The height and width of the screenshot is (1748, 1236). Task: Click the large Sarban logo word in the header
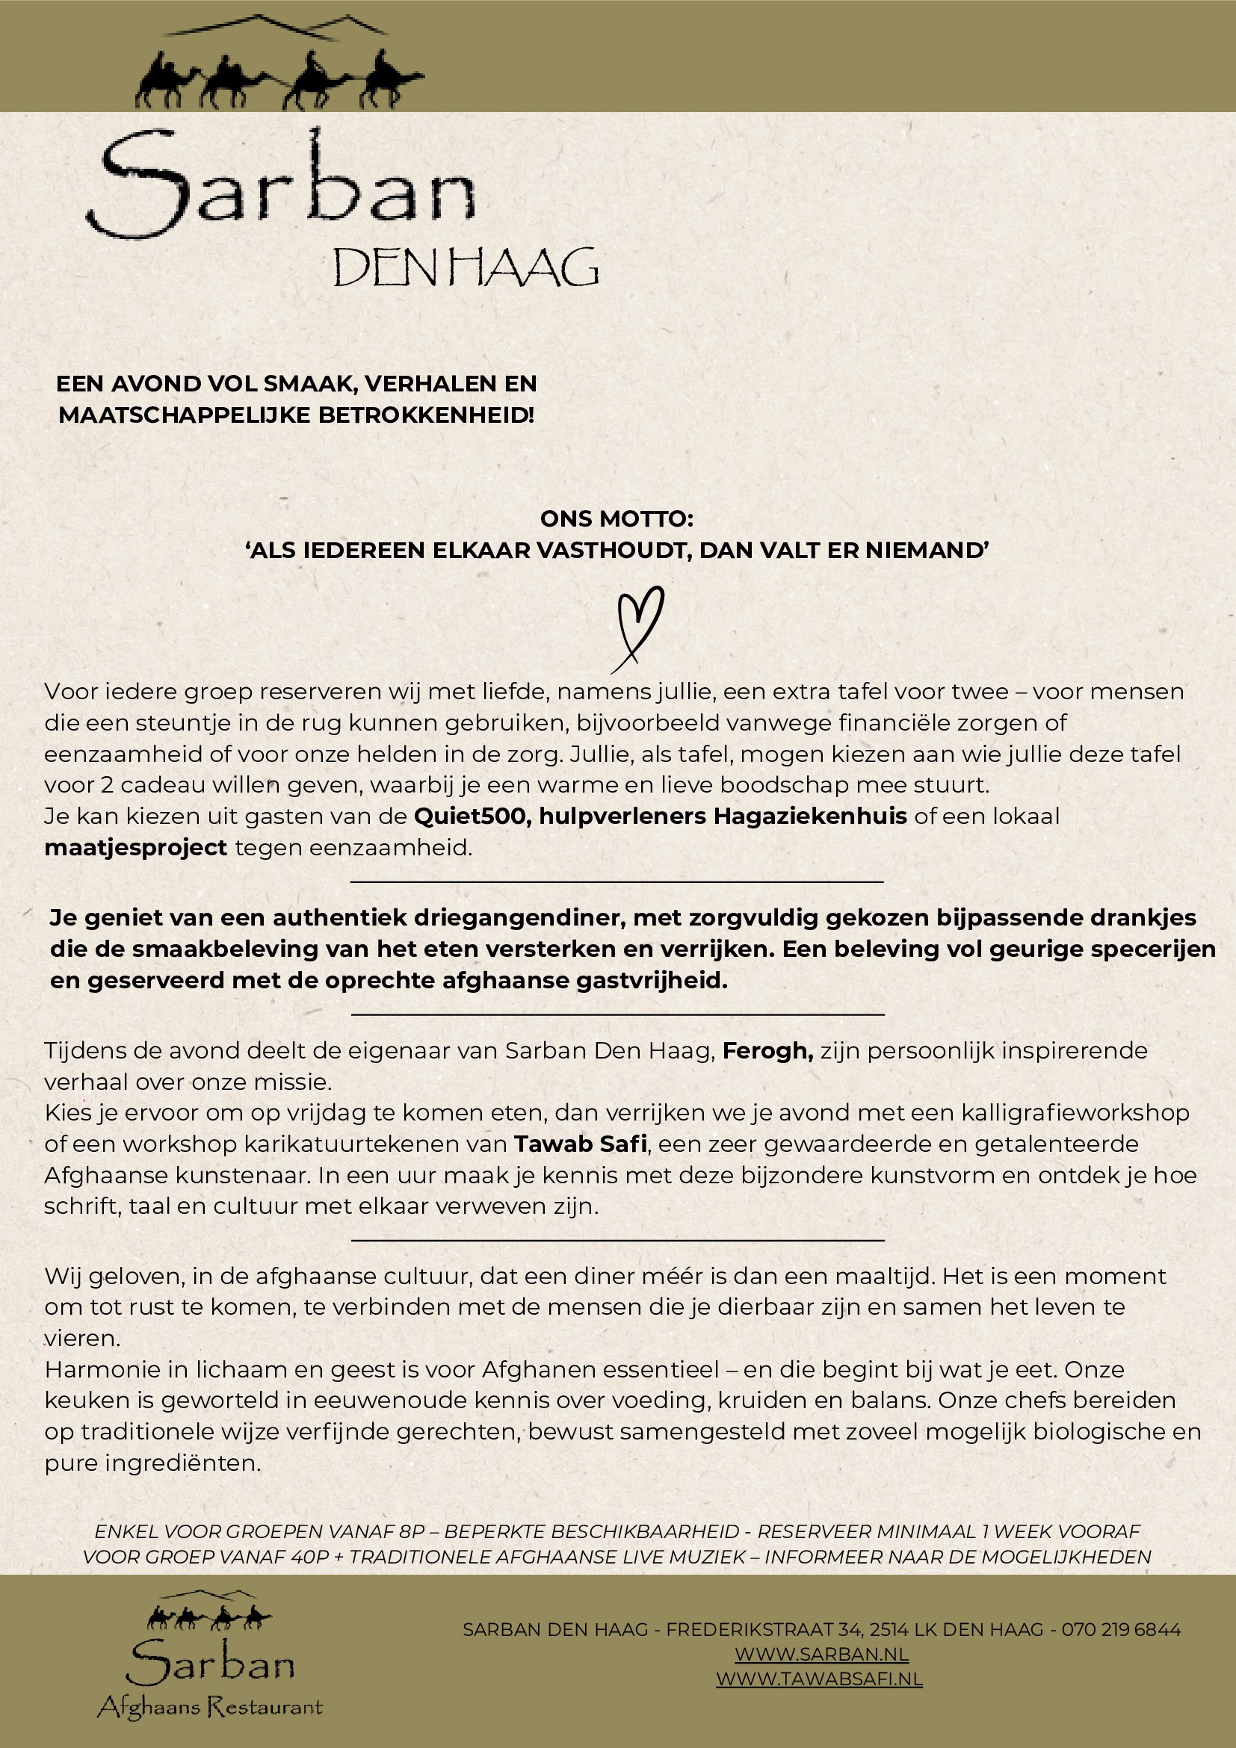click(x=282, y=187)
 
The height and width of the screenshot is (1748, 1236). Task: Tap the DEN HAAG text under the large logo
click(x=466, y=267)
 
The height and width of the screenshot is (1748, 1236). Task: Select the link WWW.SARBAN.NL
click(x=821, y=1654)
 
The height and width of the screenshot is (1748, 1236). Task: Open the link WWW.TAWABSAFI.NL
click(x=819, y=1679)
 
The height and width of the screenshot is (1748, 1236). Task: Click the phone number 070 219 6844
click(x=1121, y=1629)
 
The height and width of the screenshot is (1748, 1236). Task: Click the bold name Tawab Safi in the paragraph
click(x=581, y=1144)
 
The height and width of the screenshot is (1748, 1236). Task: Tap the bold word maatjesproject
click(x=135, y=847)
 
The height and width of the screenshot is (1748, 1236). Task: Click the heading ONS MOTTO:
click(x=617, y=518)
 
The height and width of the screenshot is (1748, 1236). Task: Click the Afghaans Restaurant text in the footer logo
click(x=210, y=1707)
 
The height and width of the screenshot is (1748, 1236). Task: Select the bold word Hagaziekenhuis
click(x=809, y=816)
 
